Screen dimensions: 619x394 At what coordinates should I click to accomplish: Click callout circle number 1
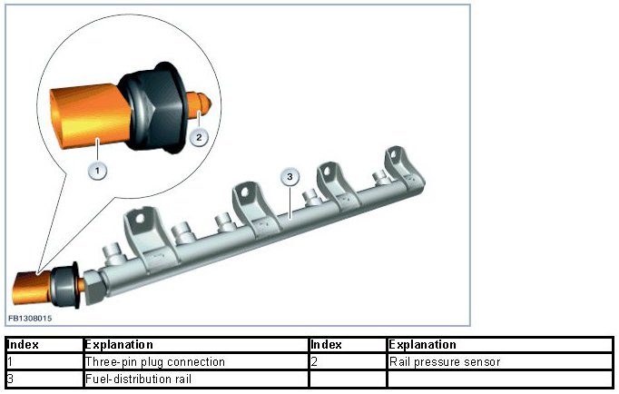(96, 168)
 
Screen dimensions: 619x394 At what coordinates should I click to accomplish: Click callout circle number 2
(201, 137)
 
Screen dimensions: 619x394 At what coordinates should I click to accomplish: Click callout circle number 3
(290, 175)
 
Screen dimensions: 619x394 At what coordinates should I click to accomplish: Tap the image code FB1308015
(30, 319)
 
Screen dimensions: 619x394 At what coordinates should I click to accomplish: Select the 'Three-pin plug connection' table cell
(194, 362)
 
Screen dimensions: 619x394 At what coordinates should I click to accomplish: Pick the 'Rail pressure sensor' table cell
(499, 362)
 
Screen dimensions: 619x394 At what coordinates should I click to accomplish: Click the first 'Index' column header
(44, 345)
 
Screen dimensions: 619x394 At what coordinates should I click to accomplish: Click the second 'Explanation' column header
(499, 345)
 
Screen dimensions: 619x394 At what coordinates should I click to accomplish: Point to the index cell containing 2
(347, 362)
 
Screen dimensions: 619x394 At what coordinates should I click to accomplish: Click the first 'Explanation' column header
(194, 345)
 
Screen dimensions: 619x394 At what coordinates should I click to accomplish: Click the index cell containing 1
(44, 362)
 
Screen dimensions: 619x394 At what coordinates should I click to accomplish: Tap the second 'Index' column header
(347, 345)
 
